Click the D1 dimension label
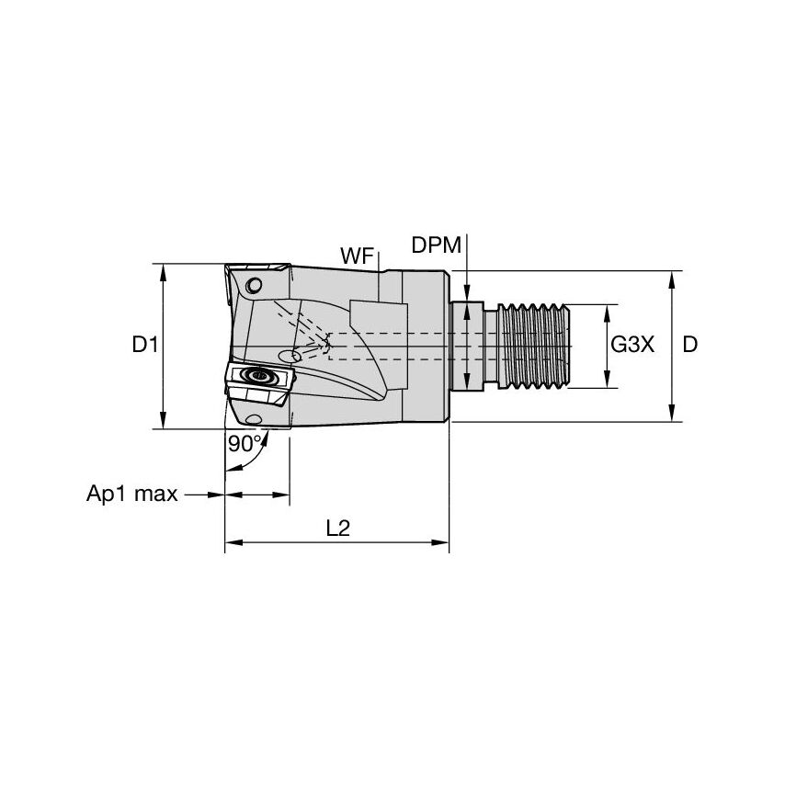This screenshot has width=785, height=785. tap(145, 346)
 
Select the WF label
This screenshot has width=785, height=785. tap(357, 256)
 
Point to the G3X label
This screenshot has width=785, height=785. tap(632, 346)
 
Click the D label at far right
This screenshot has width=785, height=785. tap(689, 346)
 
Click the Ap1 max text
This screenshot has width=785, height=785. tap(131, 495)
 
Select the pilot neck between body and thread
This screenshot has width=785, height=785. tap(468, 346)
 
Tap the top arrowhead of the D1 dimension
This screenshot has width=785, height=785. tap(164, 271)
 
